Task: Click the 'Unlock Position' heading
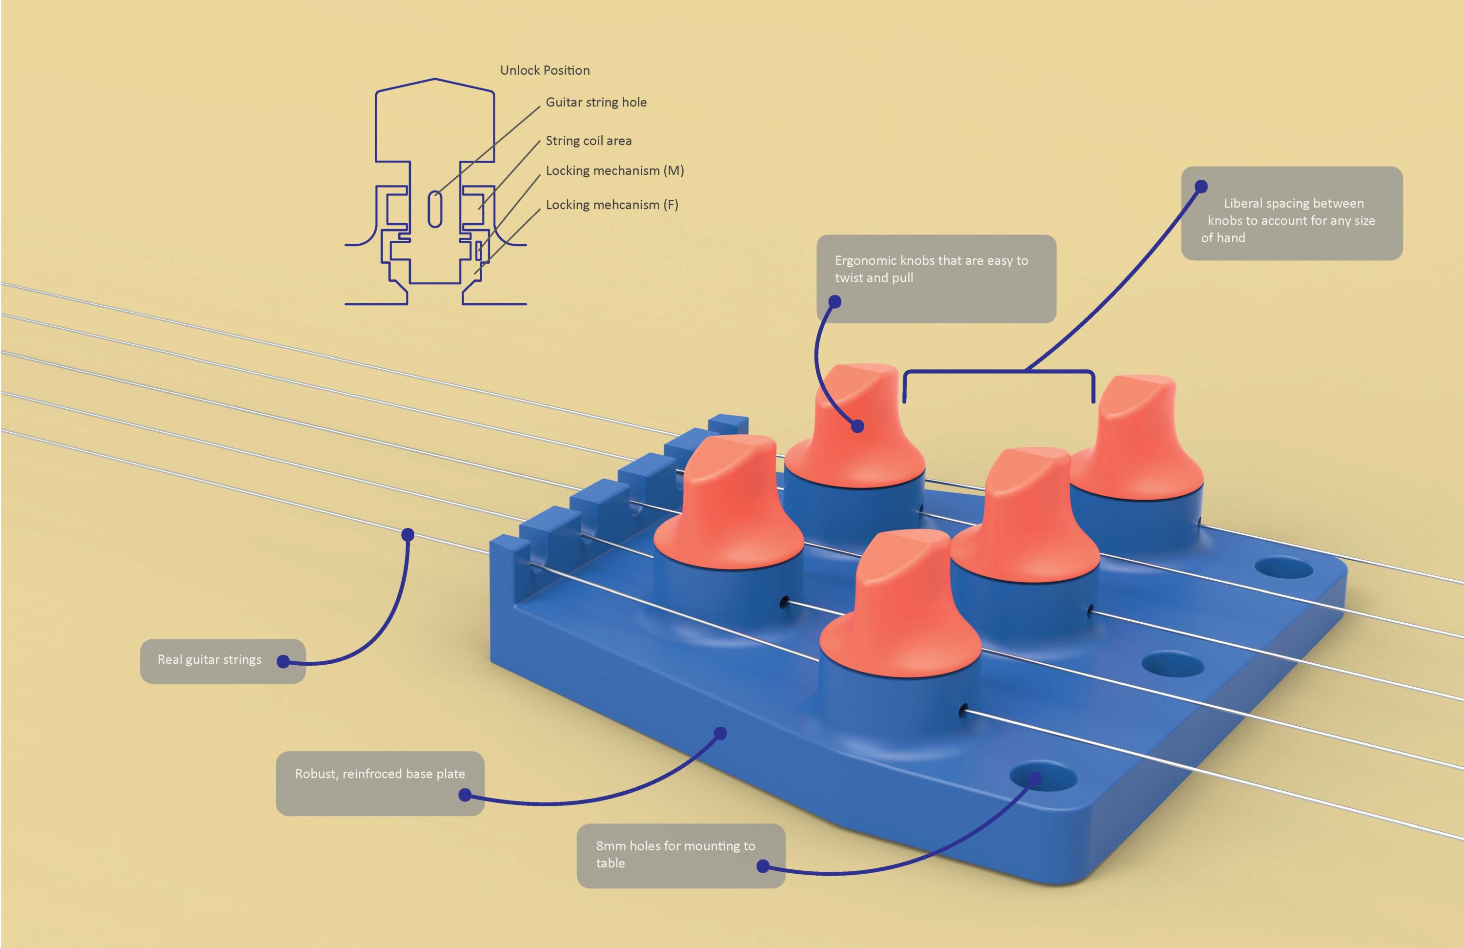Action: [545, 70]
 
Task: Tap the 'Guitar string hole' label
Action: [595, 102]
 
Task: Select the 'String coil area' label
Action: [588, 141]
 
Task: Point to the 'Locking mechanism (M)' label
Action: [614, 170]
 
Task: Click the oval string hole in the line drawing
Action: [435, 210]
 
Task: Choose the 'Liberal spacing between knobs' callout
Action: [1291, 213]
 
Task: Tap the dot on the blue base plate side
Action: [721, 733]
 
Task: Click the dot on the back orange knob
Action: [857, 425]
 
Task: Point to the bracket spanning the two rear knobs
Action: [998, 372]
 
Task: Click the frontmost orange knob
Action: [901, 610]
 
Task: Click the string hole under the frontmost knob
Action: [963, 711]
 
